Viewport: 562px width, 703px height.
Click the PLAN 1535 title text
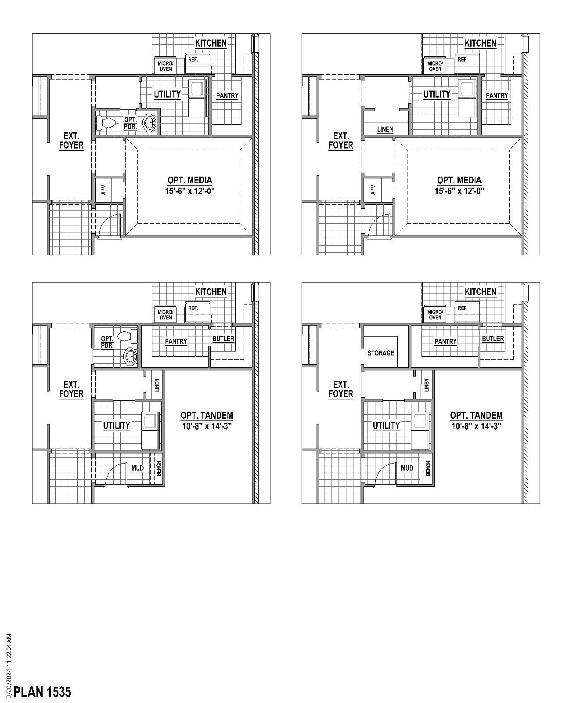pos(42,692)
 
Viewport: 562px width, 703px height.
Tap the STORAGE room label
pos(381,353)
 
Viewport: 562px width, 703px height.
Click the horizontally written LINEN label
pos(385,129)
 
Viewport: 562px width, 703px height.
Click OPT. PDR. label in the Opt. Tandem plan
pos(108,342)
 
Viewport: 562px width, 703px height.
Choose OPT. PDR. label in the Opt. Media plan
pos(130,123)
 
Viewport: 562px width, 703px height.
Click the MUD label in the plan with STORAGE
pos(407,468)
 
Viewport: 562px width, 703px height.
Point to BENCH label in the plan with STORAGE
pos(428,468)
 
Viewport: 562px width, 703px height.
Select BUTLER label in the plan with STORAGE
pos(493,339)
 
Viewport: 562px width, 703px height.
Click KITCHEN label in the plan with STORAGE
pos(480,292)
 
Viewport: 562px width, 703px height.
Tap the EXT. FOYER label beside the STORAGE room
pos(341,389)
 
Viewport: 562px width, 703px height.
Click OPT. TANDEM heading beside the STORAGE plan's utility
pos(476,415)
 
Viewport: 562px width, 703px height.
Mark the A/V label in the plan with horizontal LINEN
pos(373,190)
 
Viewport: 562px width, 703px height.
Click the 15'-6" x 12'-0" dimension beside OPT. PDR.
pos(190,191)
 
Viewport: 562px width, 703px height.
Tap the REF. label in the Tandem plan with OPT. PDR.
pos(193,308)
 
